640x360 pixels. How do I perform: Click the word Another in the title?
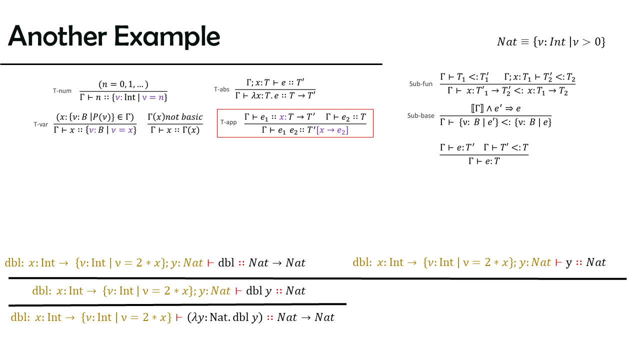pos(57,36)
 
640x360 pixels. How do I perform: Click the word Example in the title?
pos(167,37)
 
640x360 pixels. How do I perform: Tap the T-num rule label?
pos(62,91)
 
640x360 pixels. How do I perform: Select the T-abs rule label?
pos(221,89)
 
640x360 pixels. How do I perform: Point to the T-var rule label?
pos(41,124)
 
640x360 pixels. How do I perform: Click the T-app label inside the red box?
pos(228,122)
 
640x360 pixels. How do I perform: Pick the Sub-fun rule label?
pos(421,83)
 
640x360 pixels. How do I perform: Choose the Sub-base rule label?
pos(421,115)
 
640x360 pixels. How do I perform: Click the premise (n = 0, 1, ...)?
pos(123,84)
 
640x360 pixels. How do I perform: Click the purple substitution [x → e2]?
pos(332,130)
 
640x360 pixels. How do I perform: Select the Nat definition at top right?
pos(551,42)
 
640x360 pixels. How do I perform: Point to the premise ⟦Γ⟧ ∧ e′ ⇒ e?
pos(495,108)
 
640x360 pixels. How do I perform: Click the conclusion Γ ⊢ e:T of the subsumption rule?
pos(484,161)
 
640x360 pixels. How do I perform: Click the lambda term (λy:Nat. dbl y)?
pos(225,317)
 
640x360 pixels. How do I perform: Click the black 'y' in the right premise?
pos(569,263)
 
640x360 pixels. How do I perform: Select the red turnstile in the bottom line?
pos(179,317)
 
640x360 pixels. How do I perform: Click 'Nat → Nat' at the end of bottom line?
pos(305,317)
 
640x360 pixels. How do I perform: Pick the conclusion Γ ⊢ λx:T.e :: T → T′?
pos(275,95)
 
